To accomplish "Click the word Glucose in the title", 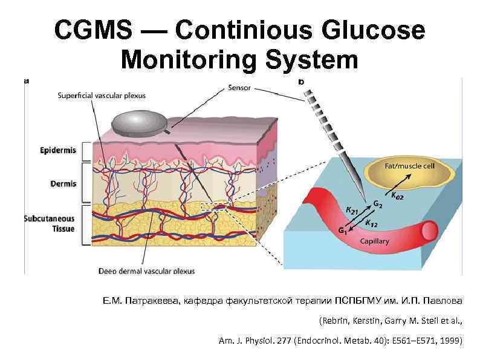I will click(375, 30).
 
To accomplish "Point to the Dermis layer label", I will click(63, 183).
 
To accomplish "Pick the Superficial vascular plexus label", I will click(102, 95).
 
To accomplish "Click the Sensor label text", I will click(241, 87).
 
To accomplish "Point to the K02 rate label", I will click(398, 195).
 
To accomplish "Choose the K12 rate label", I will click(372, 223).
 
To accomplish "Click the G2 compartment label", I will click(377, 205).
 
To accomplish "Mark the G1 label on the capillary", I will click(343, 230).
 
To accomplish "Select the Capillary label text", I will click(374, 241).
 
